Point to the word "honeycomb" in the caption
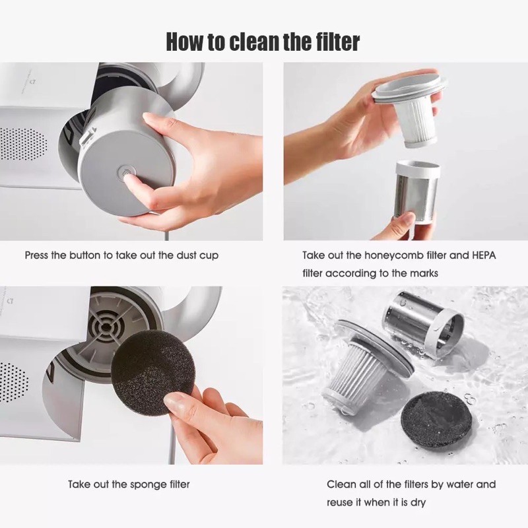[393, 255]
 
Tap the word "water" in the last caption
[459, 484]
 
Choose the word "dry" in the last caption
[418, 503]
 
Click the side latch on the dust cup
[87, 139]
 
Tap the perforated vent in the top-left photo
[23, 143]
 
